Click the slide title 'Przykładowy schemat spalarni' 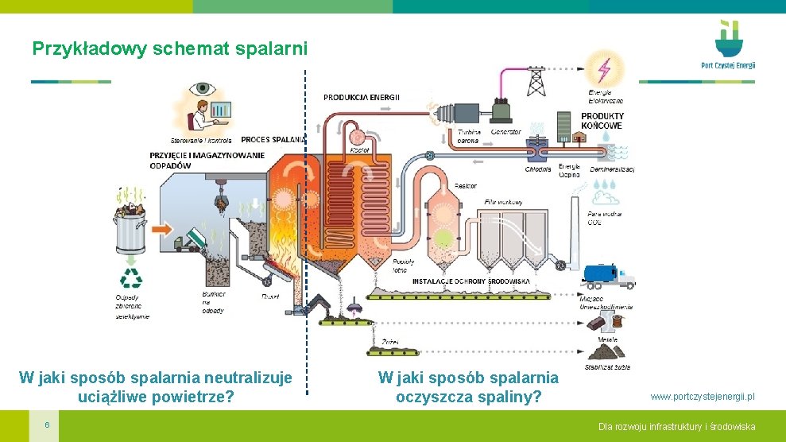(169, 48)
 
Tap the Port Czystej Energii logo (728, 45)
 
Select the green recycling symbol (130, 277)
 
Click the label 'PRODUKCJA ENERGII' (362, 97)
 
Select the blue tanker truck (607, 275)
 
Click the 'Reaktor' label (466, 186)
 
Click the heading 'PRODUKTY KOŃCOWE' (602, 121)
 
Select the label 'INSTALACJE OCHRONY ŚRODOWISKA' (470, 281)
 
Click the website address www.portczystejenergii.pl (703, 396)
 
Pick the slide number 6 (48, 424)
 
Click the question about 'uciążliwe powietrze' (156, 386)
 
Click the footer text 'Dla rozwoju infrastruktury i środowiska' (676, 427)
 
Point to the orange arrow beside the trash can (161, 229)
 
